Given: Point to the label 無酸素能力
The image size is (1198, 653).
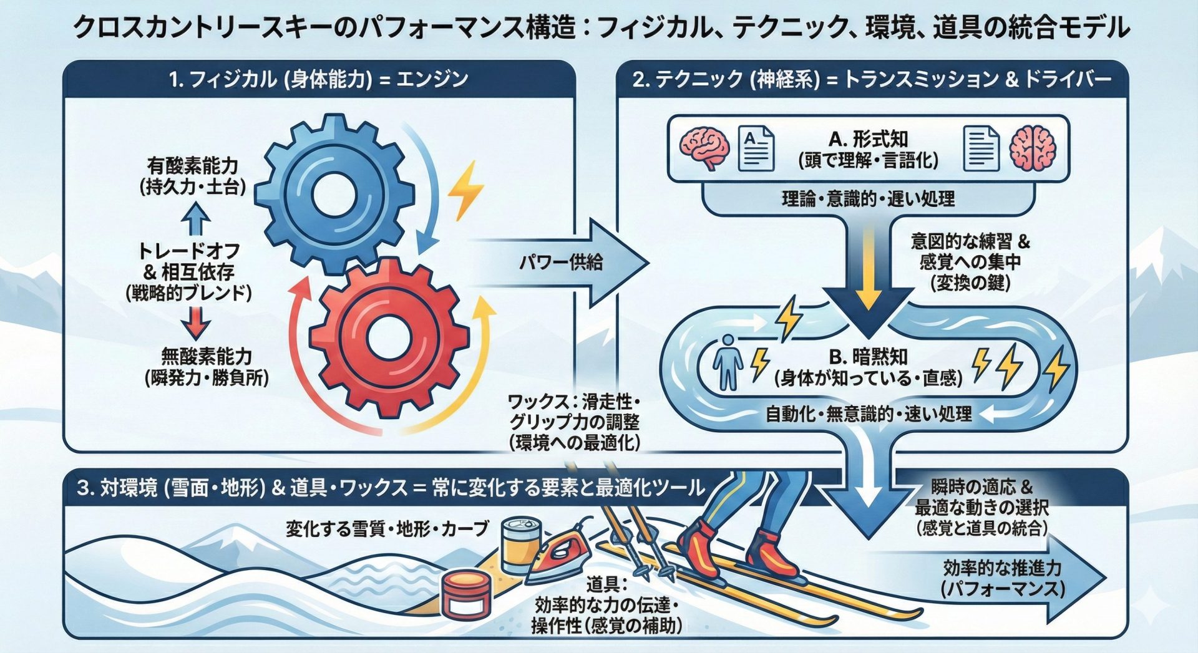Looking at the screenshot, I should pos(207,357).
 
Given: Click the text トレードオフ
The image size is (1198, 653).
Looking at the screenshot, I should pos(188,251).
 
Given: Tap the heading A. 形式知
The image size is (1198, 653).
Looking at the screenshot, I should pos(868,139).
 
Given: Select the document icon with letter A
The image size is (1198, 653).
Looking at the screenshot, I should pos(756,148).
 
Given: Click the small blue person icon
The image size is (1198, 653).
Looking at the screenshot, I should pos(728,362).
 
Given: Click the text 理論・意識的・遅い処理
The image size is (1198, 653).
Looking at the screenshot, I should pos(868,199).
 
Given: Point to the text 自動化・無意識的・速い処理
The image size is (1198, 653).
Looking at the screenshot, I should pos(868,414).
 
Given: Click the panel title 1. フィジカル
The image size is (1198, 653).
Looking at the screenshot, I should pos(318,79).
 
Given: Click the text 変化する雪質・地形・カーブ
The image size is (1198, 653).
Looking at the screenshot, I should pos(387,529).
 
